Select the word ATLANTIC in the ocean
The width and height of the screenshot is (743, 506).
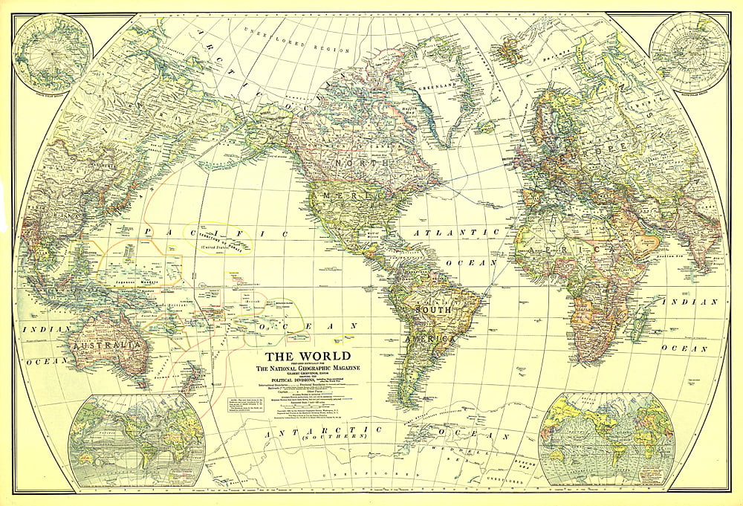click(454, 233)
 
